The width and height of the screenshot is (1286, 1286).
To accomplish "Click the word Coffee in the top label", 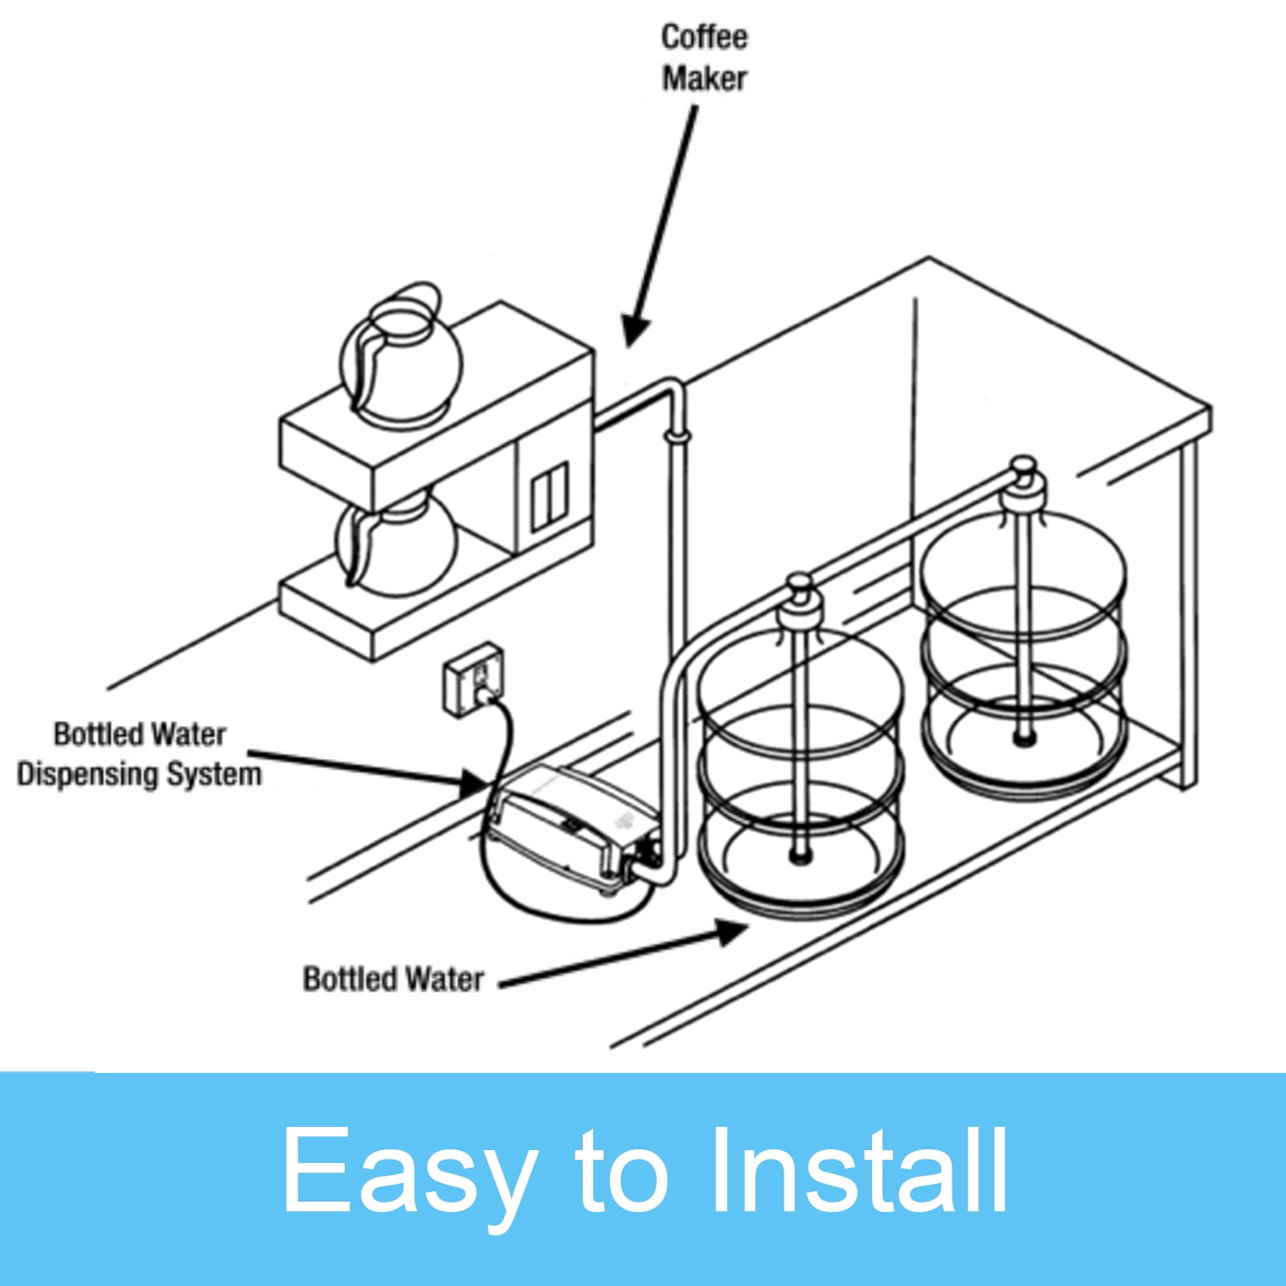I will click(704, 37).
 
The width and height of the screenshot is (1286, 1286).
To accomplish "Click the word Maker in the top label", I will click(704, 79).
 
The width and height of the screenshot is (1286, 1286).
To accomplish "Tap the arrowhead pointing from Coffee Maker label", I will click(634, 330).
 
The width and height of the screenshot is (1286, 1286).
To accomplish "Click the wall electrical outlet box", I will click(474, 676).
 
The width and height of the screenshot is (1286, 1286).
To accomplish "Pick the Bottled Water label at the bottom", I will click(393, 979).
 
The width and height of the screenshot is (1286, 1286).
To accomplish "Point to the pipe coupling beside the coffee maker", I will click(677, 437).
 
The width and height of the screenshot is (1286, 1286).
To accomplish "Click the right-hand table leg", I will click(1188, 619).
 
